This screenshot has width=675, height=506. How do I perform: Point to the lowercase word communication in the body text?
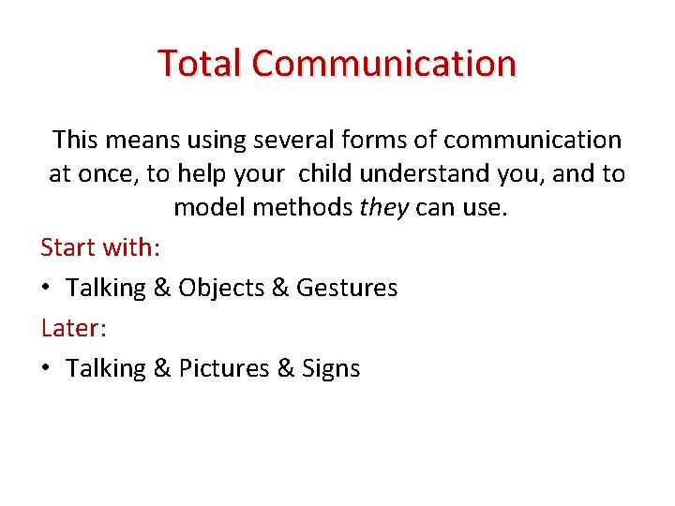(532, 141)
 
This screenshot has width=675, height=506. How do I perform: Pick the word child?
(330, 174)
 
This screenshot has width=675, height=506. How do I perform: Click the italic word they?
(383, 208)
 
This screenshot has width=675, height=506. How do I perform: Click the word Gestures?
(347, 288)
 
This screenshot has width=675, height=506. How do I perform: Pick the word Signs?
(331, 369)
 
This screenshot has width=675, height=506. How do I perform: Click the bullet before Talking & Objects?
(47, 289)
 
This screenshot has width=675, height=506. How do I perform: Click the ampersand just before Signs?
(286, 369)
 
